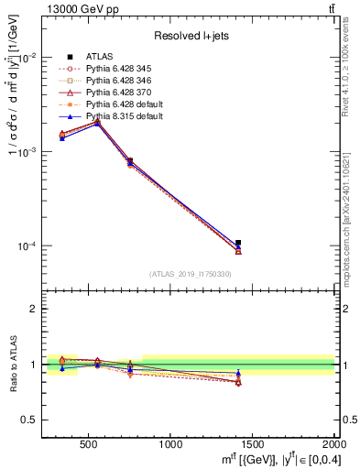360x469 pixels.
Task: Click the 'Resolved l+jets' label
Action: point(191,36)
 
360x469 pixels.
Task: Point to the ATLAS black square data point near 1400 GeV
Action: point(238,243)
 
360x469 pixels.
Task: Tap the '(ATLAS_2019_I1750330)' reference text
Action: point(191,274)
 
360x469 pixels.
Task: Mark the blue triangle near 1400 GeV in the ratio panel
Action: point(238,373)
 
